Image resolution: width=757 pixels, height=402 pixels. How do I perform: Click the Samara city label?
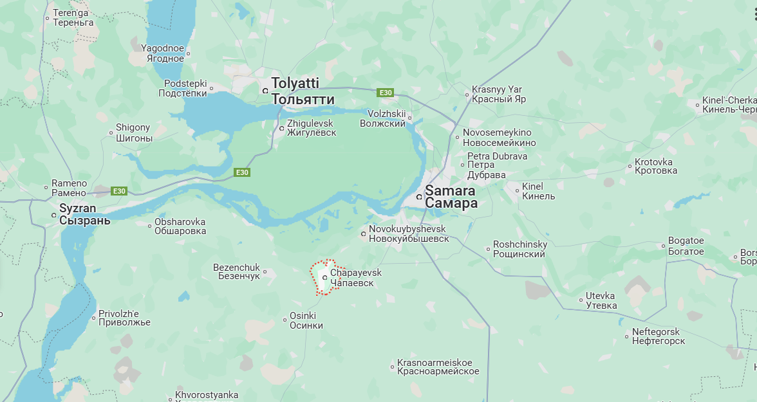451,197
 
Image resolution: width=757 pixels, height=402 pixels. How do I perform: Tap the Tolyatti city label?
303,91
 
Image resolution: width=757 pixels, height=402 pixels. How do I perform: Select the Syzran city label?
84,214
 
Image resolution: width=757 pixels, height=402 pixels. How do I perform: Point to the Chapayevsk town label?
355,278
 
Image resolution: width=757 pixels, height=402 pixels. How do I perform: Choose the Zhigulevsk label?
312,127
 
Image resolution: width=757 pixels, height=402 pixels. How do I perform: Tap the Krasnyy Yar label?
498,94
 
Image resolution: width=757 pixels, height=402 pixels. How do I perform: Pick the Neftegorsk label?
659,336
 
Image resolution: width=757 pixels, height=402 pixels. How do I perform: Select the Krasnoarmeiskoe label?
438,367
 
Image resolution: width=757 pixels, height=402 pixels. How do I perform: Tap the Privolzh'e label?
124,318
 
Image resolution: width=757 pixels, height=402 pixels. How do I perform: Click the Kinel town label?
538,191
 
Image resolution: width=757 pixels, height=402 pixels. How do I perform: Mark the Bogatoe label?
686,246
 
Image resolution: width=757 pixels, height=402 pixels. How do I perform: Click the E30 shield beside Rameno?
119,191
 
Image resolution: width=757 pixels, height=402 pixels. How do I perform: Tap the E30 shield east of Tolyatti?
385,93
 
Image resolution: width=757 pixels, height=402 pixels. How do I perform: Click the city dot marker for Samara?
419,196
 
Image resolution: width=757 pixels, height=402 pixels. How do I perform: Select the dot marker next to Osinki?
285,320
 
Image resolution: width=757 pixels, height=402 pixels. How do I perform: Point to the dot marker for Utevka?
580,300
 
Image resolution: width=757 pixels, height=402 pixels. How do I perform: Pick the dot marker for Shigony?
111,134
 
